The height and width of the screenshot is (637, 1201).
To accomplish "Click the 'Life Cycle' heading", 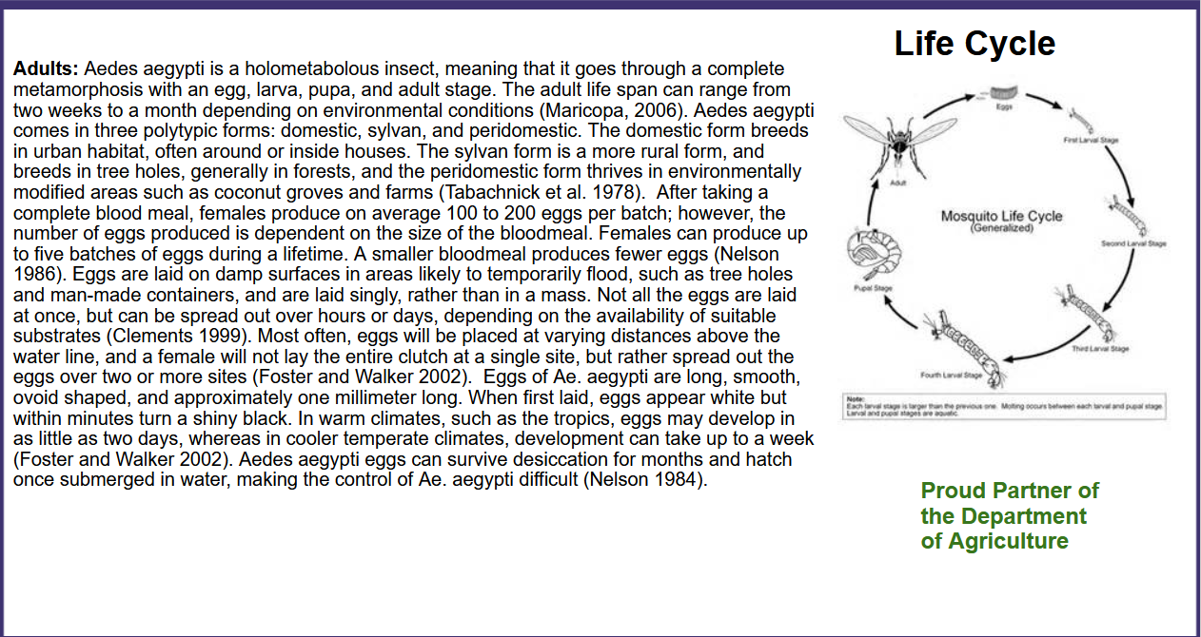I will pyautogui.click(x=975, y=44).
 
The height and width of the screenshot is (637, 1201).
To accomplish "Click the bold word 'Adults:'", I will pyautogui.click(x=46, y=69).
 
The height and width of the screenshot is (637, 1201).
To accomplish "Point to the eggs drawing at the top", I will pyautogui.click(x=1003, y=94).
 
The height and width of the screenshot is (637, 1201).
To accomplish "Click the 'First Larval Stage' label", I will pyautogui.click(x=1091, y=140).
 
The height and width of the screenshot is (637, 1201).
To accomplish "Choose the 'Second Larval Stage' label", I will pyautogui.click(x=1133, y=244).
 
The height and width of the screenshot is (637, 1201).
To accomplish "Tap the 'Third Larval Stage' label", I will pyautogui.click(x=1100, y=349).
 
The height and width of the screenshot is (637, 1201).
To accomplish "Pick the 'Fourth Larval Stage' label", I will pyautogui.click(x=951, y=376).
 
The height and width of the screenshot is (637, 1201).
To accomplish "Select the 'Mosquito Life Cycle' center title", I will pyautogui.click(x=1001, y=216).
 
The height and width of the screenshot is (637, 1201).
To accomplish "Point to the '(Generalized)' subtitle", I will pyautogui.click(x=1001, y=228).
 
